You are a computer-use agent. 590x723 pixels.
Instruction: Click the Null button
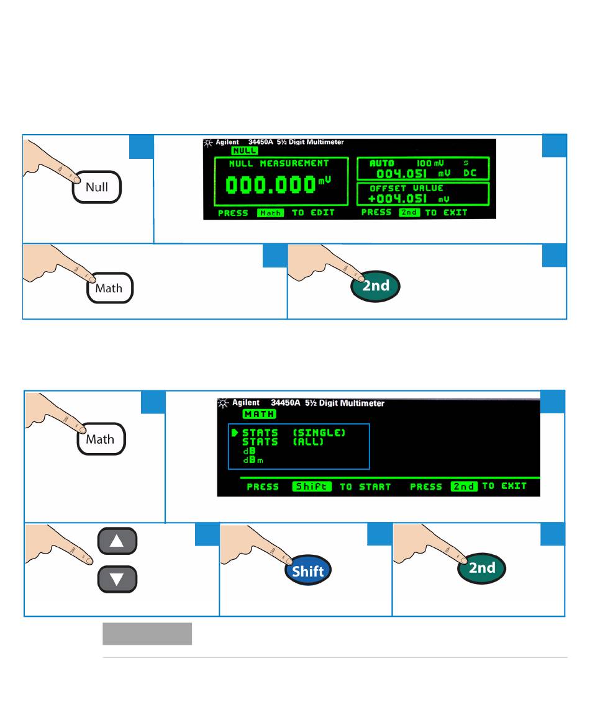[97, 187]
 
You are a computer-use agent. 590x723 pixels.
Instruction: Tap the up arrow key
[117, 541]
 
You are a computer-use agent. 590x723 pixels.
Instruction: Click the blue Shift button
[307, 572]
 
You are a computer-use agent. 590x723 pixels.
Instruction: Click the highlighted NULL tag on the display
[244, 150]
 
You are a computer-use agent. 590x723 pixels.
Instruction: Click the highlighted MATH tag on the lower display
[259, 414]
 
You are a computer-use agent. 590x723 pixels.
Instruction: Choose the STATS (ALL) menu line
[283, 442]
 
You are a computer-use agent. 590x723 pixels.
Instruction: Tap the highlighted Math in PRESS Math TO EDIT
[270, 213]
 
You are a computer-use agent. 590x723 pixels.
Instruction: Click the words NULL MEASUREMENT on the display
[278, 164]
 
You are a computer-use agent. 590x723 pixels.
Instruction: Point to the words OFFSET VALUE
[407, 188]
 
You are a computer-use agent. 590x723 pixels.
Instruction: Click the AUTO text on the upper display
[382, 163]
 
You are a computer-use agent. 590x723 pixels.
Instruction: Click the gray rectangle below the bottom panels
[147, 634]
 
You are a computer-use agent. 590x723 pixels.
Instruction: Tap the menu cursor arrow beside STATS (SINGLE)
[235, 433]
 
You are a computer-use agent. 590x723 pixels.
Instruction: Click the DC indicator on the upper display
[470, 173]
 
